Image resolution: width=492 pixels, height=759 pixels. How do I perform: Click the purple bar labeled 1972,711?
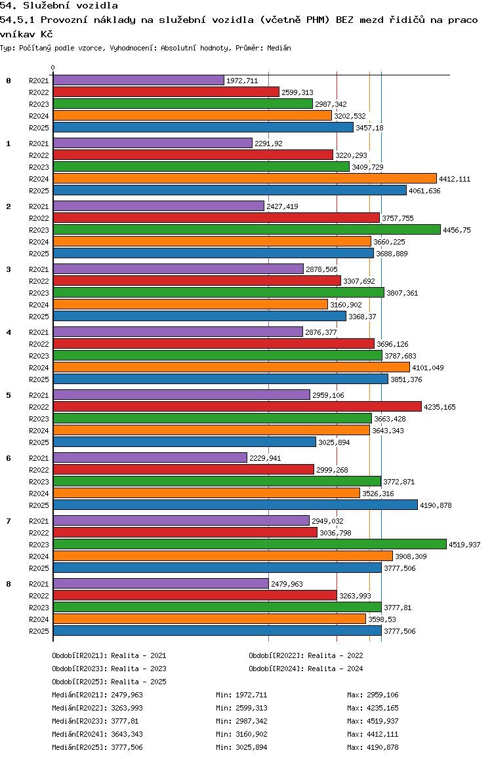click(138, 81)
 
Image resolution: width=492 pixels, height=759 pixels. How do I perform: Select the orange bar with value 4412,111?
click(245, 179)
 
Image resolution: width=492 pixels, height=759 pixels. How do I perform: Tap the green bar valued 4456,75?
click(247, 229)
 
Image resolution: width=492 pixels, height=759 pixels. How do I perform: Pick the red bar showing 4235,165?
click(237, 406)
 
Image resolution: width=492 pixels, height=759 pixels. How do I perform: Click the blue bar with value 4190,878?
click(236, 505)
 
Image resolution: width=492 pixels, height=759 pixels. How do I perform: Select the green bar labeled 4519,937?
click(250, 544)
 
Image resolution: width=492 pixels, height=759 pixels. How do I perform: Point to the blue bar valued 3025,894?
click(184, 442)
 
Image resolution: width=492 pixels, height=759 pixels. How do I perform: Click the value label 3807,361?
click(402, 293)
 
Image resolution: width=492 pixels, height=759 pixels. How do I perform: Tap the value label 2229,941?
click(265, 458)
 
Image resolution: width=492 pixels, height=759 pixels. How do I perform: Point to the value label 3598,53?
click(382, 619)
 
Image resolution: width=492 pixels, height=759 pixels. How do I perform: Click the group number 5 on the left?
click(9, 395)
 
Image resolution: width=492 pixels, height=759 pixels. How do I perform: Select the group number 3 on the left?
click(9, 269)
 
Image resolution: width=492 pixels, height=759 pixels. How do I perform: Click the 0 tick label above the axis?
click(52, 68)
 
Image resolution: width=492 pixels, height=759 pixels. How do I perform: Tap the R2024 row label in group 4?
click(39, 368)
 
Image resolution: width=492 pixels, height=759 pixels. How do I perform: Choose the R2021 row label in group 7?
click(39, 521)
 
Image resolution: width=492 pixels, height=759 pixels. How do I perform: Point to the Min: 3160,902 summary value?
click(241, 734)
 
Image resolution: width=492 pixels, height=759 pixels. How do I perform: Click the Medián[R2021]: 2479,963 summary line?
click(97, 695)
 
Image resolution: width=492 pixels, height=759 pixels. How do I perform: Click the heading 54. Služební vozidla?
click(59, 6)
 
